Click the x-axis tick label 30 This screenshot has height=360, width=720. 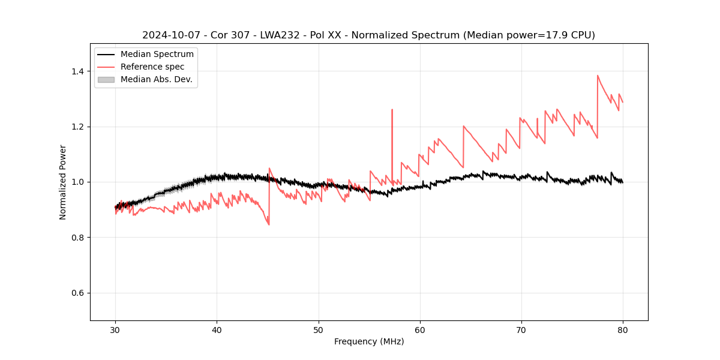tap(115, 330)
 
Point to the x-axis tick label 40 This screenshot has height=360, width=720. tap(217, 330)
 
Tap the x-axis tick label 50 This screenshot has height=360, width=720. tap(319, 330)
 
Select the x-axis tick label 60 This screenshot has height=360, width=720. tap(420, 330)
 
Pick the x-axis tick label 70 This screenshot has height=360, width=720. tap(521, 330)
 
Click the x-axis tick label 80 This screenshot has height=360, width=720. tap(623, 330)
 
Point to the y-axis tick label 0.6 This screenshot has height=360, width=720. tap(77, 293)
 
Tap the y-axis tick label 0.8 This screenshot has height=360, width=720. tap(77, 238)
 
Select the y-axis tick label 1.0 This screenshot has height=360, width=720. tap(77, 182)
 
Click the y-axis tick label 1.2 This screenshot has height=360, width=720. tap(77, 127)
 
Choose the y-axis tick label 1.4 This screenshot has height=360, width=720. tap(77, 71)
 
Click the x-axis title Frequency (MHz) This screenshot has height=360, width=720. tap(369, 341)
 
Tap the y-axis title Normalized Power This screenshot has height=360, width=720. tap(63, 182)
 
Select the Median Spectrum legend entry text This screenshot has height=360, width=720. tap(157, 55)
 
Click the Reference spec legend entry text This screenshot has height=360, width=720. tap(152, 67)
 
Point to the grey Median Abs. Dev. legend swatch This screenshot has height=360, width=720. tap(106, 79)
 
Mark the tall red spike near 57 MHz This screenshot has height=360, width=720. tap(392, 110)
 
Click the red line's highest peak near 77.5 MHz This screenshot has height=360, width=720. tap(598, 76)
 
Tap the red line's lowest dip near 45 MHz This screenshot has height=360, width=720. tap(269, 224)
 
